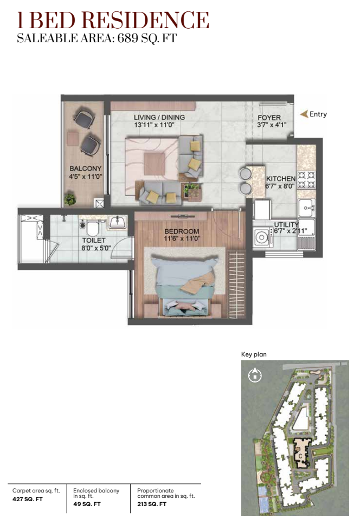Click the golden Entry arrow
(x=304, y=114)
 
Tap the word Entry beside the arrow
(x=318, y=114)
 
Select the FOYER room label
(x=269, y=118)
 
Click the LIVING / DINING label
(x=159, y=118)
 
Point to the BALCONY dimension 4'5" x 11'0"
(x=86, y=177)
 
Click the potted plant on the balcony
(x=70, y=199)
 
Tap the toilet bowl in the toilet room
(x=92, y=228)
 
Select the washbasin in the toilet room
(x=117, y=222)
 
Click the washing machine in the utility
(x=262, y=237)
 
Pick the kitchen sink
(x=307, y=208)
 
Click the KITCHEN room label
(x=281, y=179)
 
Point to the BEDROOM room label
(x=182, y=231)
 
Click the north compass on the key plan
(x=255, y=375)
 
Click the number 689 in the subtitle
(x=127, y=38)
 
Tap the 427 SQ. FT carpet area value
(x=28, y=499)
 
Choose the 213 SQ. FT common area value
(x=152, y=504)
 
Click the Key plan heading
(x=254, y=354)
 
